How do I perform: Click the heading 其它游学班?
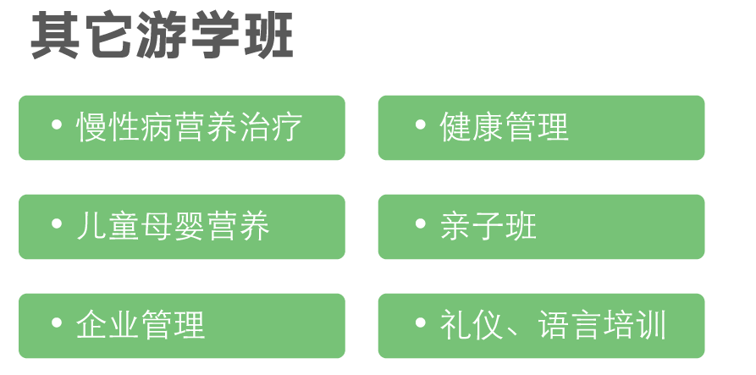click(x=162, y=36)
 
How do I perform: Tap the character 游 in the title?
click(x=162, y=36)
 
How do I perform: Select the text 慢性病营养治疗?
click(x=190, y=127)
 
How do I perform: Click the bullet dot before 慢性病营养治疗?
click(x=57, y=124)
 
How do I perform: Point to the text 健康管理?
click(x=505, y=127)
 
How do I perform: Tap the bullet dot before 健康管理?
click(x=421, y=124)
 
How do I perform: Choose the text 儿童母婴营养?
click(x=173, y=226)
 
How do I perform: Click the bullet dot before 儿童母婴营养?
click(x=57, y=223)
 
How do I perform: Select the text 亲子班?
click(x=488, y=226)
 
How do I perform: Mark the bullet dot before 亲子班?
click(x=421, y=223)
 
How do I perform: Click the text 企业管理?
click(x=141, y=325)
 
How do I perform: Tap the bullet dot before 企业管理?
click(x=57, y=323)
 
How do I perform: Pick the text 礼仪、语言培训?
click(x=553, y=325)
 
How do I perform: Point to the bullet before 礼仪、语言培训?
click(x=421, y=323)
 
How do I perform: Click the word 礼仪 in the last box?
click(x=472, y=325)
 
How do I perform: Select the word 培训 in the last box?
click(x=634, y=325)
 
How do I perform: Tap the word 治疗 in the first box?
click(x=271, y=127)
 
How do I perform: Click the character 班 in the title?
click(x=268, y=36)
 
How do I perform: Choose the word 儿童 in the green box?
click(x=108, y=226)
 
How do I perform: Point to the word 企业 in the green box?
click(x=108, y=325)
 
